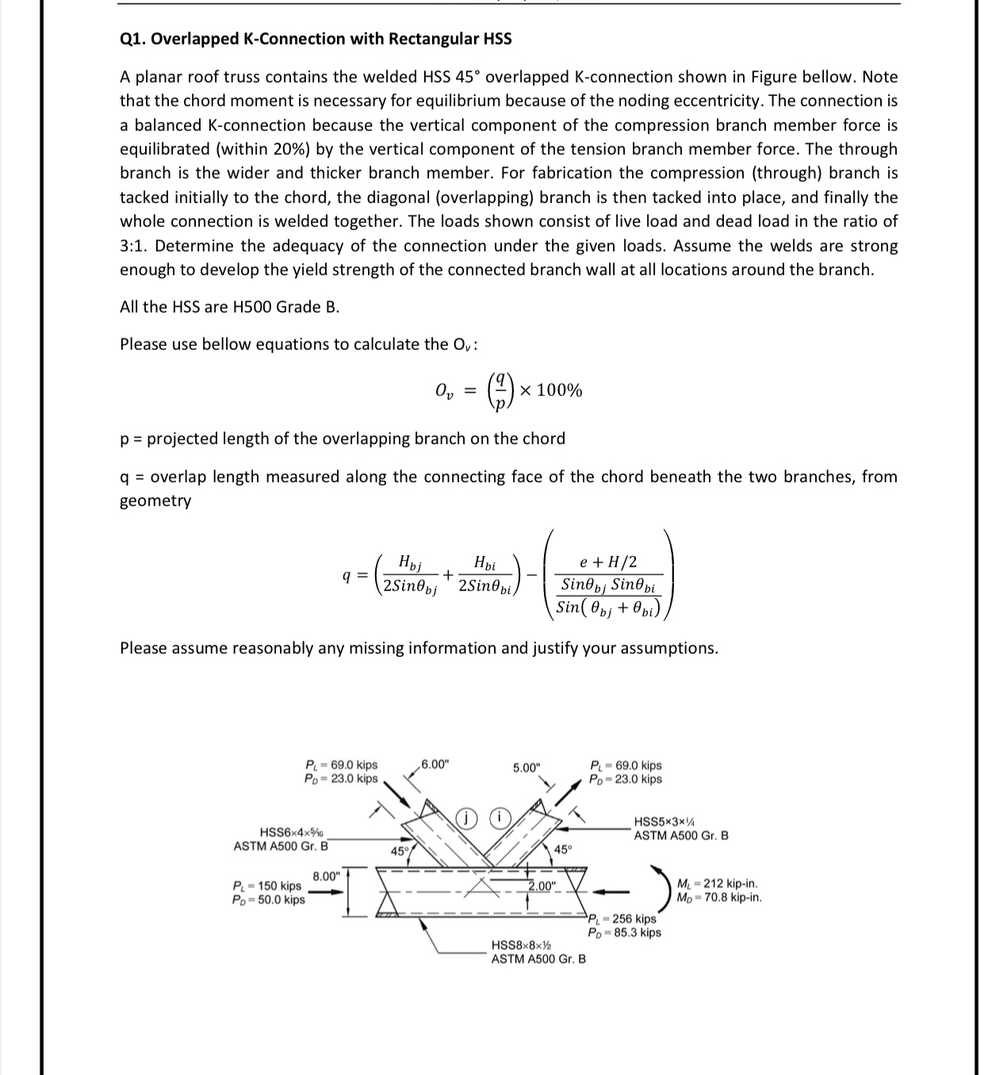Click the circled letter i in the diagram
[x=500, y=817]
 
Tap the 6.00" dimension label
[x=435, y=765]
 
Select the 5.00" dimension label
[x=526, y=767]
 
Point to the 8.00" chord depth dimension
[x=326, y=877]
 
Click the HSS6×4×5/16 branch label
[x=290, y=832]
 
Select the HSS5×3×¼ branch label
[x=667, y=822]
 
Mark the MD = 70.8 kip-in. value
[x=719, y=898]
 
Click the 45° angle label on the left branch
[x=400, y=851]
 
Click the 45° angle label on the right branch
[x=562, y=850]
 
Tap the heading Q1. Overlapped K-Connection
[x=316, y=39]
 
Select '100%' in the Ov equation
[x=559, y=390]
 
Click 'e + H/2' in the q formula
[x=608, y=562]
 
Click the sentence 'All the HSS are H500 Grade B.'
[x=230, y=307]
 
